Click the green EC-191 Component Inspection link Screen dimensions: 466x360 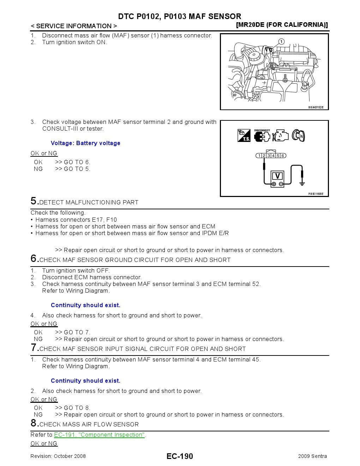pyautogui.click(x=99, y=435)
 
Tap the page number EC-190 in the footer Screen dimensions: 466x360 pyautogui.click(x=180, y=456)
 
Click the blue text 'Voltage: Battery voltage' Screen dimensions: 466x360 pyautogui.click(x=85, y=143)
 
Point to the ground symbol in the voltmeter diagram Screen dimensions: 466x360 pyautogui.click(x=302, y=181)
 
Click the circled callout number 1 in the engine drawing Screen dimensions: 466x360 pyautogui.click(x=281, y=42)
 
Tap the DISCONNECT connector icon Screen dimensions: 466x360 pyautogui.click(x=262, y=136)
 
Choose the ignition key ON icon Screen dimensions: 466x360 pyautogui.click(x=299, y=136)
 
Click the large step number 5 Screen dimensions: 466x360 pyautogui.click(x=34, y=201)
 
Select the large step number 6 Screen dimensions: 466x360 pyautogui.click(x=34, y=259)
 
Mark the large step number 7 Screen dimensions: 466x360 pyautogui.click(x=34, y=348)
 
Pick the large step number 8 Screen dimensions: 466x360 pyautogui.click(x=34, y=423)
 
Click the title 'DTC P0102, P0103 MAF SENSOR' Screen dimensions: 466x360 pyautogui.click(x=180, y=16)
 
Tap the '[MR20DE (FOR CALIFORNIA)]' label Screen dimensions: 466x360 pyautogui.click(x=282, y=25)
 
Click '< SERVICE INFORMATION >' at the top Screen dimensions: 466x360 pyautogui.click(x=74, y=26)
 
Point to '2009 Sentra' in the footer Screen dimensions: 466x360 pyautogui.click(x=312, y=456)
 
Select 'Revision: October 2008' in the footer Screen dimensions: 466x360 pyautogui.click(x=58, y=456)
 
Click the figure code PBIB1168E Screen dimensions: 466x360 pyautogui.click(x=316, y=194)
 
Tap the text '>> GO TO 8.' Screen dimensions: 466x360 pyautogui.click(x=73, y=408)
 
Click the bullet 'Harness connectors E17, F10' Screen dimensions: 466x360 pyautogui.click(x=76, y=220)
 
